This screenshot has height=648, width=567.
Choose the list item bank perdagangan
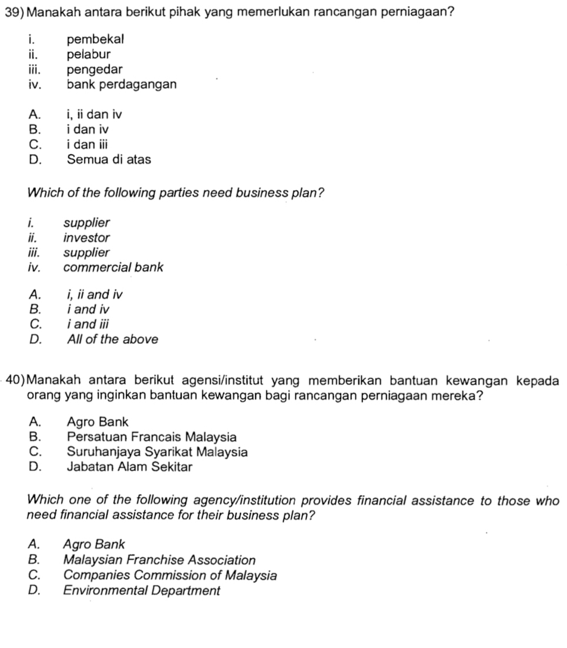tap(121, 84)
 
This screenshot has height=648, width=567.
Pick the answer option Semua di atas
tap(109, 159)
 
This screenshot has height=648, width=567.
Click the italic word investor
tap(86, 238)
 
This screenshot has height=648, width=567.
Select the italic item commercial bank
tap(113, 267)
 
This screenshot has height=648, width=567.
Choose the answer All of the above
tap(112, 339)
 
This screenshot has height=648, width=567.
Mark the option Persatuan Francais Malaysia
tap(152, 437)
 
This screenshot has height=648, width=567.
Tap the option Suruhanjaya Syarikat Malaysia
tap(157, 452)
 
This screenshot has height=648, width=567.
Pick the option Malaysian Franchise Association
tap(159, 560)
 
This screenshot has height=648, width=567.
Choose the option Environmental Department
tap(141, 590)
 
